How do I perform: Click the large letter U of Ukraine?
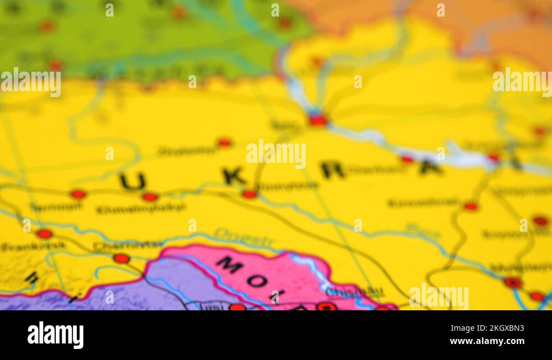[133, 181]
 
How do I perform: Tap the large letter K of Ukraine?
[234, 176]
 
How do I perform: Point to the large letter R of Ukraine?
[332, 170]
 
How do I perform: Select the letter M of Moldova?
[230, 264]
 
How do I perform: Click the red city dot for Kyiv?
[318, 119]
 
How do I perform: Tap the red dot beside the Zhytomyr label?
[224, 142]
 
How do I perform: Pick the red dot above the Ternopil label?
[78, 194]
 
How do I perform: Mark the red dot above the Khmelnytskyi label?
[150, 197]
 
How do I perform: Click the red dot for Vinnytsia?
[250, 194]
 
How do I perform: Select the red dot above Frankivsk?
[44, 234]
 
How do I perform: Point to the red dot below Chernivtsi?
[121, 258]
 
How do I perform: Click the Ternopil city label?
[56, 207]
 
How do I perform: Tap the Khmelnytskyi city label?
[141, 209]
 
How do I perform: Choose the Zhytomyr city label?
[188, 150]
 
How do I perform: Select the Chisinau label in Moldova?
[354, 292]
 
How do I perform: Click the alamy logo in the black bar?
[55, 335]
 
